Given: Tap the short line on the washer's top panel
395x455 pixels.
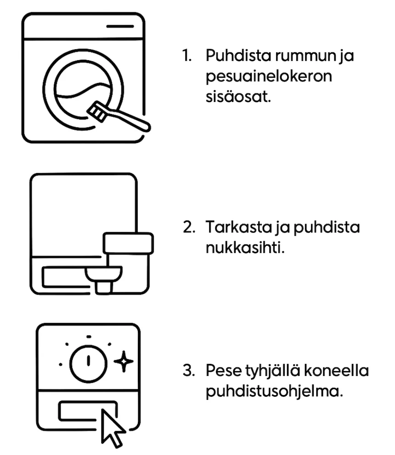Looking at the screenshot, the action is click(x=120, y=26).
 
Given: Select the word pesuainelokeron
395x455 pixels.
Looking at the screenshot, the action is click(x=269, y=77).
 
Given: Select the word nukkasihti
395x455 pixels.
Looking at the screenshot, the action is click(x=245, y=248).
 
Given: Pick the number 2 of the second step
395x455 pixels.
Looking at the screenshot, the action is click(x=189, y=227).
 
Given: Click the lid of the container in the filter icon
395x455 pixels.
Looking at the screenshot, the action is click(x=128, y=243).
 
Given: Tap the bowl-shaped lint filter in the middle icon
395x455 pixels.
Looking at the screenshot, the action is click(x=103, y=274).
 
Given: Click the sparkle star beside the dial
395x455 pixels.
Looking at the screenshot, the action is click(x=123, y=361).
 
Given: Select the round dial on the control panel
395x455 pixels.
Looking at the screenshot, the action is click(x=88, y=363).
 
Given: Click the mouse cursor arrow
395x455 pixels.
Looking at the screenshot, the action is click(x=112, y=428).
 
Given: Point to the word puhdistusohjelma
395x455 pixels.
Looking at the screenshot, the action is click(x=274, y=392).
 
